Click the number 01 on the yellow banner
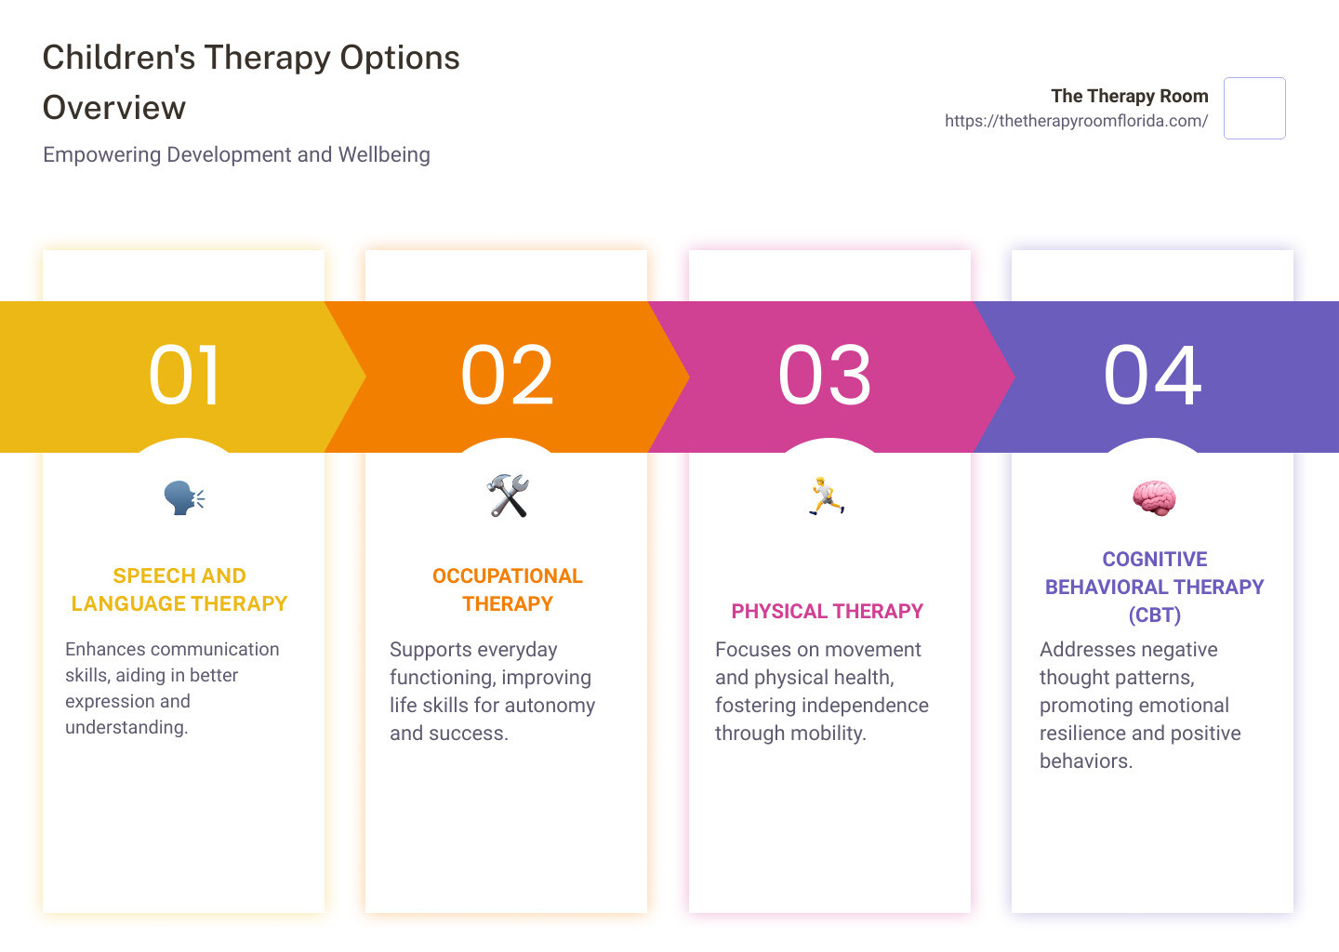[x=184, y=376]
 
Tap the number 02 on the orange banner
[x=507, y=376]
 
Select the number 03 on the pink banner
[x=825, y=376]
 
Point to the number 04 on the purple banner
[x=1152, y=376]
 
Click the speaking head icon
[x=184, y=497]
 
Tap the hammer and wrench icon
[x=508, y=496]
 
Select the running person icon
[x=826, y=496]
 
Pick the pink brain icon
[x=1154, y=498]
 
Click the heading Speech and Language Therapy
[x=179, y=589]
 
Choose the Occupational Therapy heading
[x=508, y=589]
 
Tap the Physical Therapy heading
[x=827, y=611]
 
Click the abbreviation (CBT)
[x=1154, y=615]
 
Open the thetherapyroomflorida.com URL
[x=1076, y=121]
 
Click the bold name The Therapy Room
[x=1129, y=96]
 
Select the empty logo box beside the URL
[x=1254, y=109]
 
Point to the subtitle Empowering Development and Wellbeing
[x=236, y=154]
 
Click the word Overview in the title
[x=114, y=108]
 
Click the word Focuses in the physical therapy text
[x=751, y=649]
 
